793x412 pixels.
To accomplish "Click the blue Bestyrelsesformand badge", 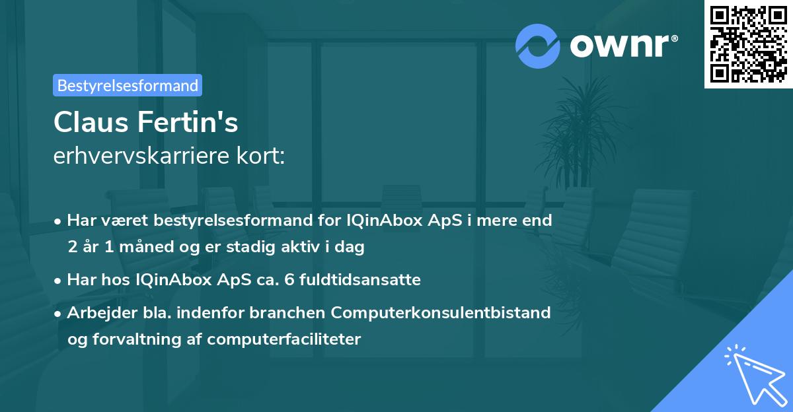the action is click(x=128, y=85).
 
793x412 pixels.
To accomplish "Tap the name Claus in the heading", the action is click(x=91, y=122).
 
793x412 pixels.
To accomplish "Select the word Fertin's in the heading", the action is click(x=188, y=122).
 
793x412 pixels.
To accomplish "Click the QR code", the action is click(x=748, y=44).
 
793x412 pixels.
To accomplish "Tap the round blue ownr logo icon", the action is click(x=538, y=46).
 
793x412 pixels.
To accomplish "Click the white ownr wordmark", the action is click(x=619, y=46).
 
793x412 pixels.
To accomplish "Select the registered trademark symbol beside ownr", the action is click(x=674, y=38).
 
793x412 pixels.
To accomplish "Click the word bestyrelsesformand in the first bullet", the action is click(x=233, y=221).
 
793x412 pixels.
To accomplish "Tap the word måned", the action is click(x=146, y=246).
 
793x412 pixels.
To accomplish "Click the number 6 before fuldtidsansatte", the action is click(x=289, y=280).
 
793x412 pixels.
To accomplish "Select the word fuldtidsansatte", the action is click(x=360, y=280).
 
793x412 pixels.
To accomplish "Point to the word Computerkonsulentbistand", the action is click(x=441, y=313).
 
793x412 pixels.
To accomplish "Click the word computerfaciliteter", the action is click(x=284, y=339).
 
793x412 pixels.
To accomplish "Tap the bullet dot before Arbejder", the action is click(x=57, y=314).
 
